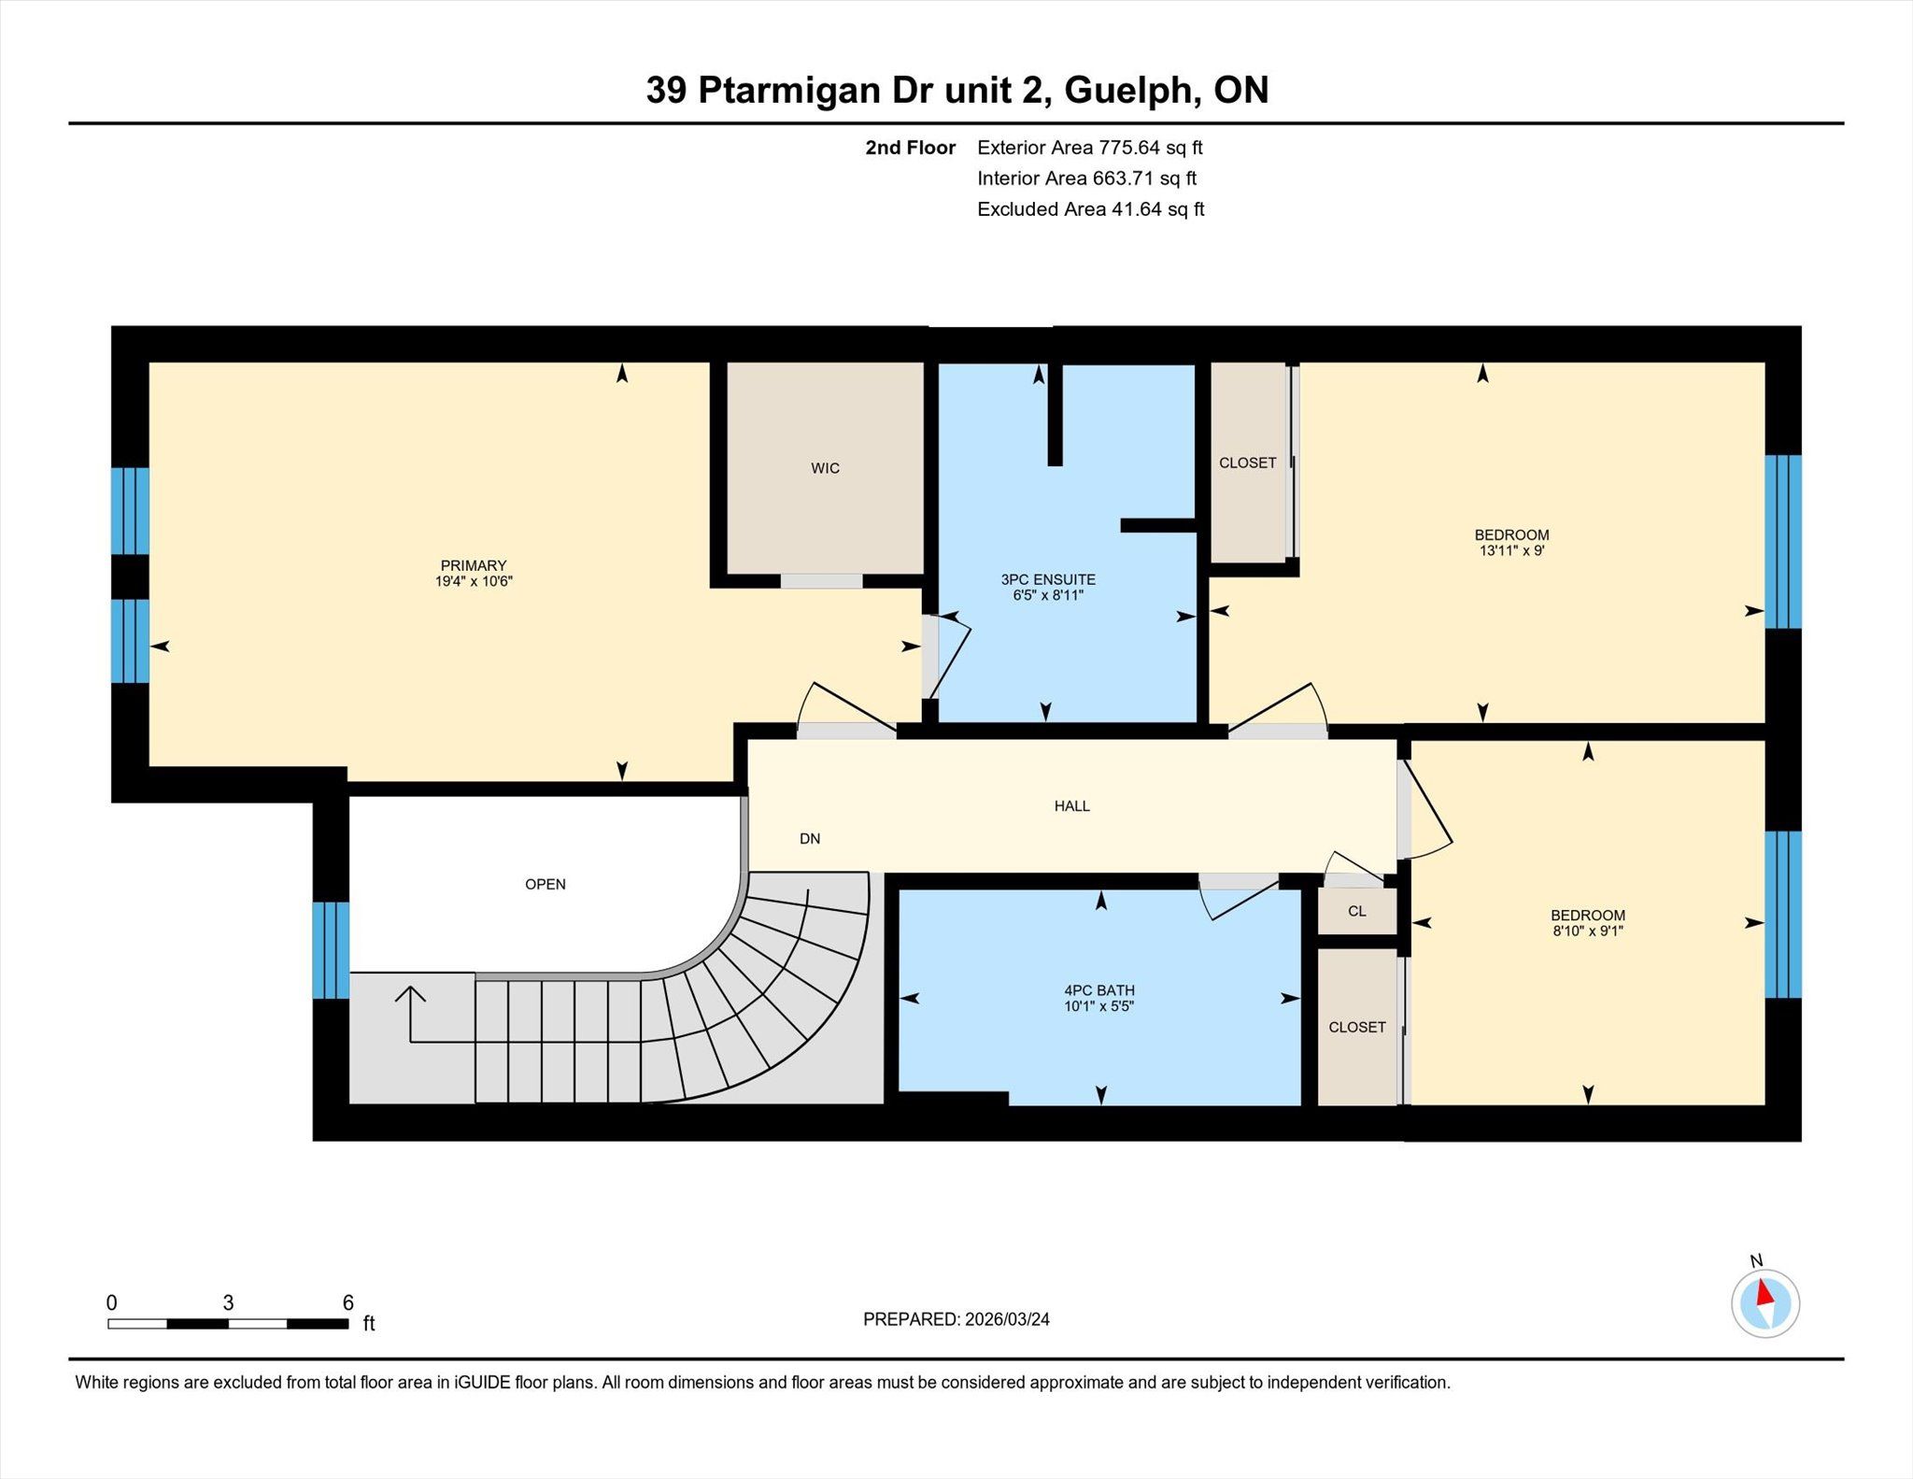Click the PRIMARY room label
[474, 565]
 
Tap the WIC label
[825, 468]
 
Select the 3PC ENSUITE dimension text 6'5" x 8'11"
[1048, 595]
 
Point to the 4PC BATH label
[1099, 990]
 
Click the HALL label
[1072, 805]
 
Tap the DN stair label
[810, 839]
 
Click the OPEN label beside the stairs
[546, 884]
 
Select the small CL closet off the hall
[1357, 911]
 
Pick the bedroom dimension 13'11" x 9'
[1512, 550]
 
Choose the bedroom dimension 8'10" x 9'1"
[1588, 931]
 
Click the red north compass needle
[1764, 1292]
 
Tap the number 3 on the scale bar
[228, 1302]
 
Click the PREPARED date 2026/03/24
[1007, 1319]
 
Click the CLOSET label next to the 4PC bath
[1357, 1027]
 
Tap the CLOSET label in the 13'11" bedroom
[1247, 462]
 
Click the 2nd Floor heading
[910, 148]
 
